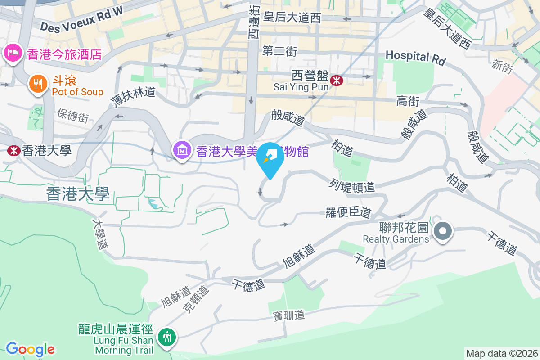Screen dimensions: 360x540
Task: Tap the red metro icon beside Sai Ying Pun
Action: click(x=336, y=80)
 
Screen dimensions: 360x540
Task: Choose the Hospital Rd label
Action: click(x=415, y=57)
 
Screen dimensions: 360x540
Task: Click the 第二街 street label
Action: click(x=279, y=51)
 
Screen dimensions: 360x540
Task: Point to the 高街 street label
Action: click(x=408, y=101)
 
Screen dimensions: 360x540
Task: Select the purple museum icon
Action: click(x=182, y=150)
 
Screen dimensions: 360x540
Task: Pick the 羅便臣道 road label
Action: click(x=348, y=212)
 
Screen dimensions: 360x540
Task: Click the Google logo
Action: click(x=30, y=349)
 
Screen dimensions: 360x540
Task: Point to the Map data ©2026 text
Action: click(x=501, y=353)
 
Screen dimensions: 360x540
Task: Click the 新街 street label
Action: click(x=502, y=67)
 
